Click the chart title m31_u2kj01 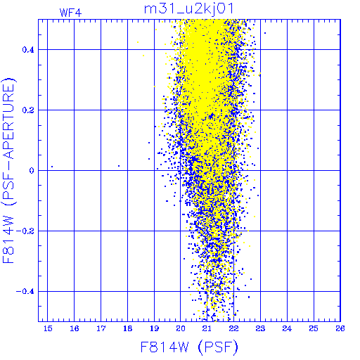click(x=188, y=9)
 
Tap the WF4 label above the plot click(x=70, y=13)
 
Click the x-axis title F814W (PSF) click(x=189, y=347)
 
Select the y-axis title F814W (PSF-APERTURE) click(x=9, y=171)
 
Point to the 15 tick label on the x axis click(x=48, y=328)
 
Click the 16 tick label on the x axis click(x=75, y=328)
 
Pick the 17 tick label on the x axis click(x=101, y=328)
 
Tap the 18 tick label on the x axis click(x=128, y=328)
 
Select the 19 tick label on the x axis click(x=154, y=328)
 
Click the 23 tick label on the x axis click(x=260, y=328)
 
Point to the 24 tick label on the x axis click(x=287, y=328)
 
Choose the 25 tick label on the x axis click(x=314, y=328)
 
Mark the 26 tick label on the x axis click(x=340, y=328)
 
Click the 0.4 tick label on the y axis click(x=28, y=50)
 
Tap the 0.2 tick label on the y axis click(x=28, y=110)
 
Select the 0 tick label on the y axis click(x=32, y=171)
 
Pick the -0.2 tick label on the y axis click(x=25, y=231)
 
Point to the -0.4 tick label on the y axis click(x=25, y=292)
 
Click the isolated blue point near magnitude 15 click(x=52, y=167)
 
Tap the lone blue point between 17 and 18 click(x=119, y=166)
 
